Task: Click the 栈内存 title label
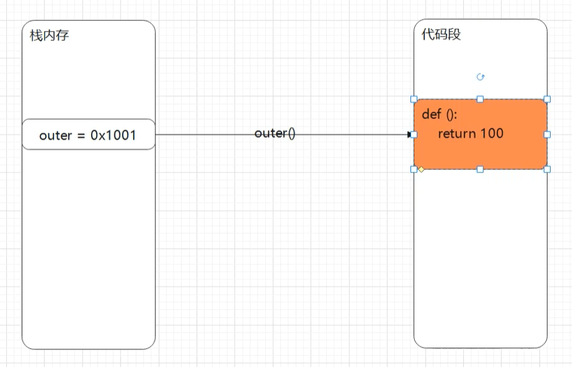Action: pos(49,35)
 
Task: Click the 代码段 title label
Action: pos(441,35)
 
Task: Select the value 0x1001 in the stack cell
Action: pos(113,135)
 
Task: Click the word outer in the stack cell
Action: pos(55,135)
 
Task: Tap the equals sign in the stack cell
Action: pos(81,136)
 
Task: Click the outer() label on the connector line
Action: pos(275,133)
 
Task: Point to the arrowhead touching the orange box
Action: pos(409,134)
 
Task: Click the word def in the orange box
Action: pos(432,114)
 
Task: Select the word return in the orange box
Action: pos(457,133)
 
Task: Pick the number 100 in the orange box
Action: pos(492,133)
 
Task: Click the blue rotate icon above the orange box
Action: pos(480,77)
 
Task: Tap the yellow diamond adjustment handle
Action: pos(421,169)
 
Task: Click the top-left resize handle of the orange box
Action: pos(414,99)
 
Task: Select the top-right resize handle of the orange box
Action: pos(547,99)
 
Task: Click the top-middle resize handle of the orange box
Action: pos(480,99)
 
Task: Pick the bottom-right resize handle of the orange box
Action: pos(547,169)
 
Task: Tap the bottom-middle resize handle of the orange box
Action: pos(480,169)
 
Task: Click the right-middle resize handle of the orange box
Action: pos(547,134)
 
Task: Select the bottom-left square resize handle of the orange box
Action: pos(414,169)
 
